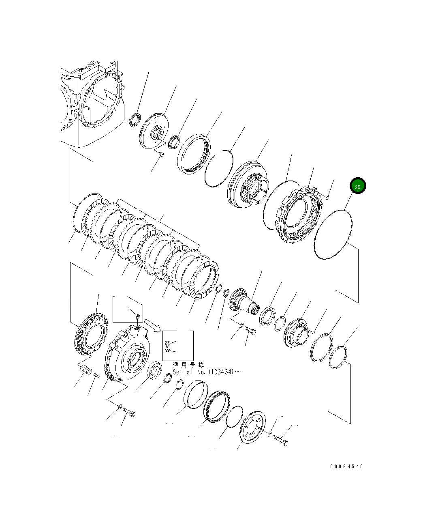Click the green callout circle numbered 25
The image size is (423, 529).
click(x=358, y=186)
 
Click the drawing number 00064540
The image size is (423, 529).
click(x=346, y=466)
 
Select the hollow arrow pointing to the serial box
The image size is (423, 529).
click(x=153, y=325)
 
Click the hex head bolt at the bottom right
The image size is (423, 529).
click(x=280, y=441)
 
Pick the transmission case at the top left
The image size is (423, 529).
click(x=91, y=105)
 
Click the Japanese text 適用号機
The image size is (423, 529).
click(x=188, y=365)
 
